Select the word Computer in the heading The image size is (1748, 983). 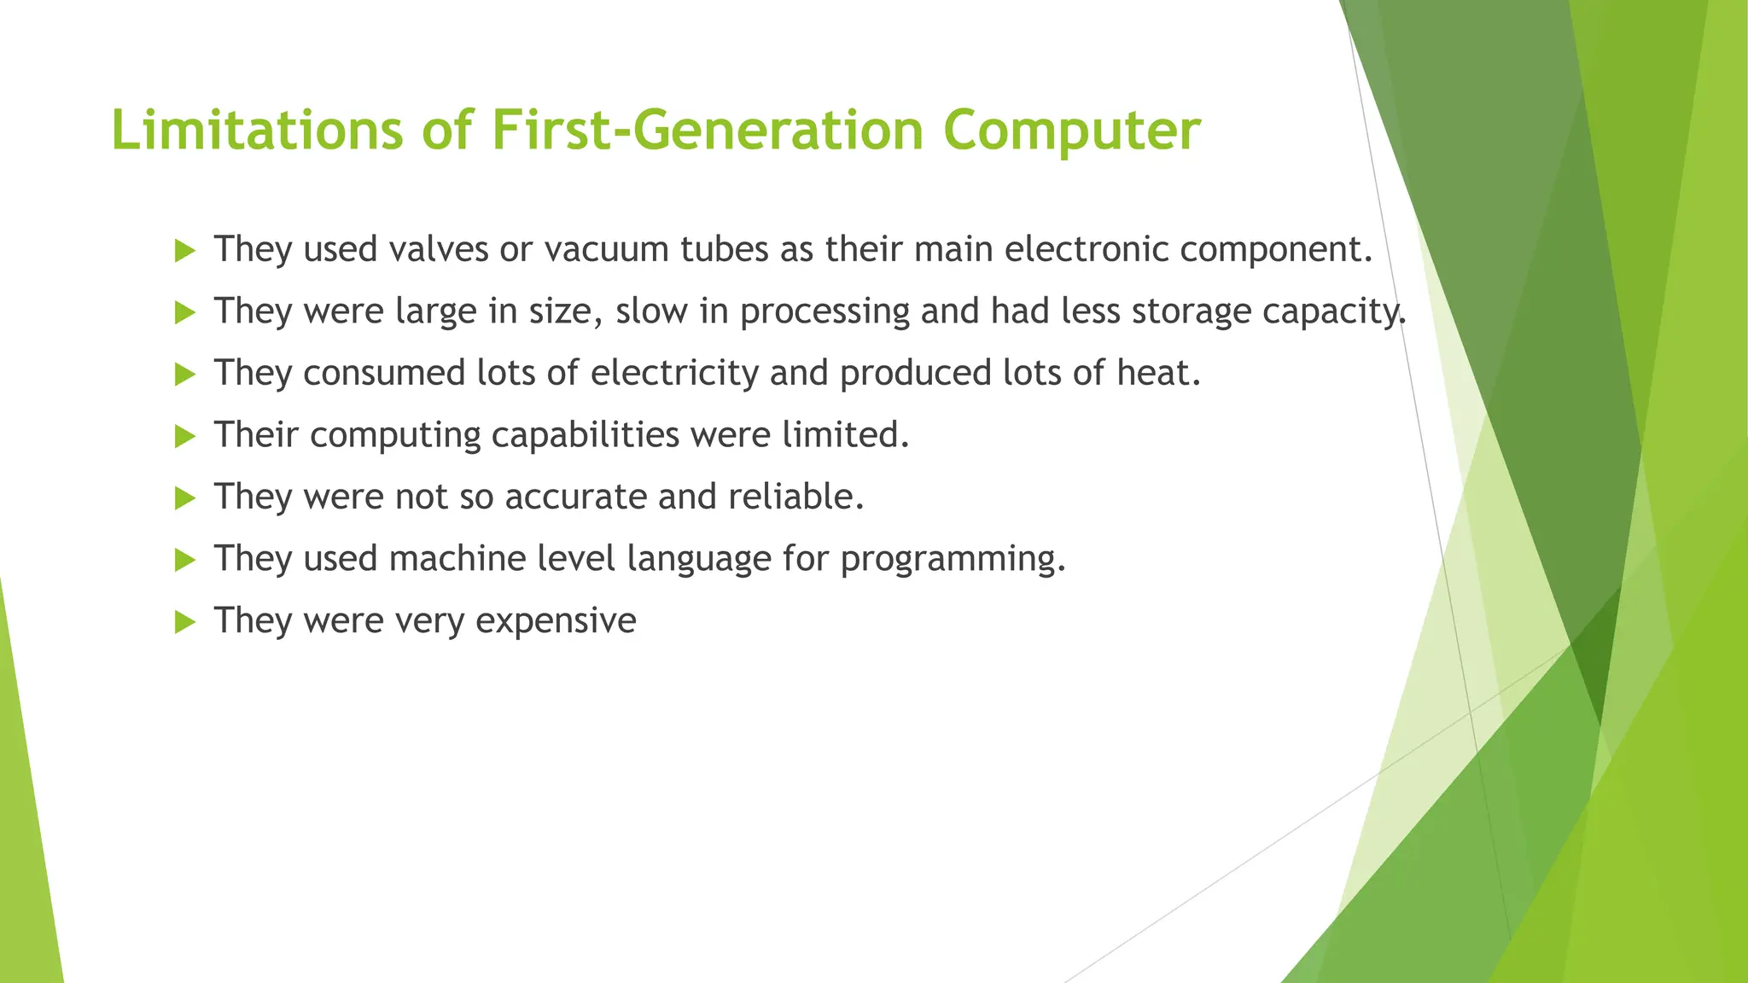[x=1071, y=131]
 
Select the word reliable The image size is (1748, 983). [x=795, y=497]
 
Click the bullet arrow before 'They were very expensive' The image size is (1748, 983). [x=184, y=622]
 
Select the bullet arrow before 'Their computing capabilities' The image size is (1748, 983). [x=184, y=437]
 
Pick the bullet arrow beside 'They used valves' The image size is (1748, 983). [x=184, y=251]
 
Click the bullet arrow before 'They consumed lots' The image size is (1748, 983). [x=184, y=375]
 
